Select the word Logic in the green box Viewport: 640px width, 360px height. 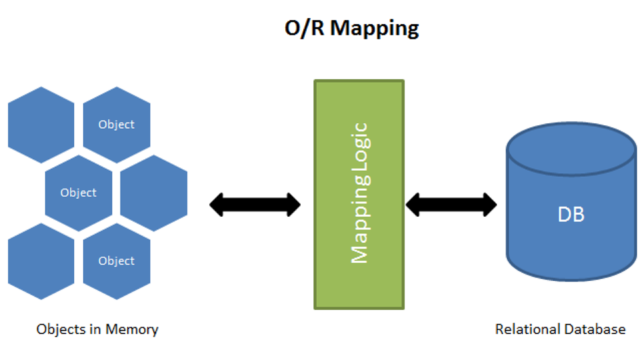[x=359, y=153]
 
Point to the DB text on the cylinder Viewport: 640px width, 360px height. [x=571, y=215]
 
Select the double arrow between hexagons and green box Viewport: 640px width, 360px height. [x=255, y=205]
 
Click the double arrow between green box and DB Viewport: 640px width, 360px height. [x=451, y=205]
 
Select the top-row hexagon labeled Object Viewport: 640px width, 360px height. [x=116, y=125]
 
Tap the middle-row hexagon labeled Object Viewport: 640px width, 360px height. [x=79, y=193]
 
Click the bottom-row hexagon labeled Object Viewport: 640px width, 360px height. [x=116, y=261]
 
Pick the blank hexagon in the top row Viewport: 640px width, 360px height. [x=41, y=125]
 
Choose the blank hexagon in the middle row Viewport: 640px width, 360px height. [x=154, y=193]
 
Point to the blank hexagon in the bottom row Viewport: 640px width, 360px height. [x=41, y=261]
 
